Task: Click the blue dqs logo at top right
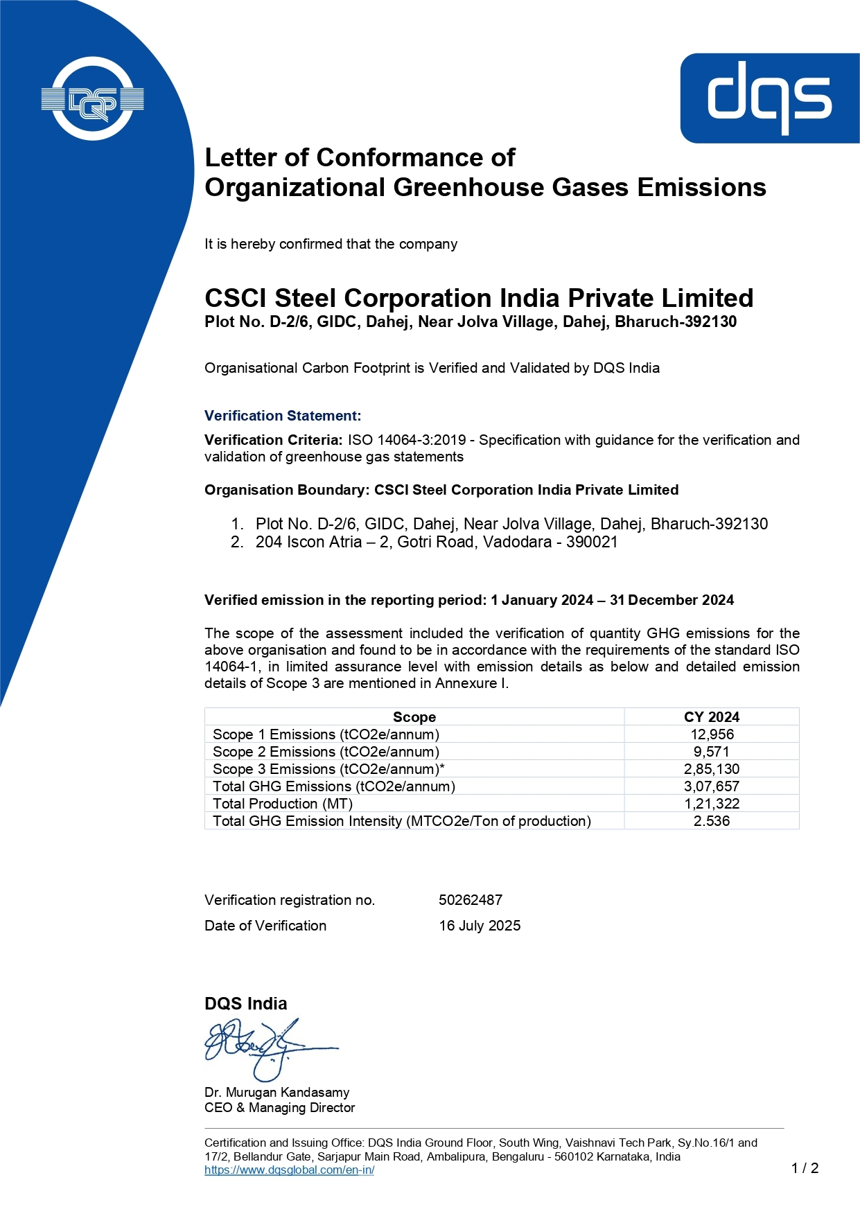tap(769, 98)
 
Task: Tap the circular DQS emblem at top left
tap(92, 99)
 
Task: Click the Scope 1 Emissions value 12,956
tap(712, 734)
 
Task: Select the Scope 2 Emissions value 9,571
tap(712, 752)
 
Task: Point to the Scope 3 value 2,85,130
tap(712, 769)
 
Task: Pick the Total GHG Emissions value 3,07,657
tap(712, 786)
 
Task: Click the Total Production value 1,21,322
tap(712, 804)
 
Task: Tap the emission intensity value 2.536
tap(712, 821)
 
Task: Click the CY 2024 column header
tap(712, 717)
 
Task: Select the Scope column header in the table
tap(414, 717)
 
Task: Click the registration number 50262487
tap(471, 900)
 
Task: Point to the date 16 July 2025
tap(480, 926)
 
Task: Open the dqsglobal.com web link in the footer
tap(289, 1170)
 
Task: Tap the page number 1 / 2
tap(805, 1168)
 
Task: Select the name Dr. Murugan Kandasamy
tap(277, 1092)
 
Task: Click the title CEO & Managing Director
tap(279, 1108)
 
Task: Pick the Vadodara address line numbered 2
tap(436, 542)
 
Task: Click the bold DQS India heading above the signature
tap(245, 1003)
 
